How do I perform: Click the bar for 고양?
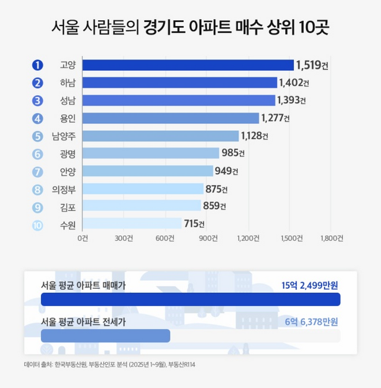click(x=188, y=65)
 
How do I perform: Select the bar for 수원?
click(x=132, y=224)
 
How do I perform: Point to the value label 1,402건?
click(x=295, y=83)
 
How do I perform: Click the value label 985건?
click(x=233, y=154)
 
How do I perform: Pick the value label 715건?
click(x=194, y=224)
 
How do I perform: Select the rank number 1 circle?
click(x=38, y=65)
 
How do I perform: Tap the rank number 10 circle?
click(x=38, y=224)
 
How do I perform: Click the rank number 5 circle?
click(x=38, y=136)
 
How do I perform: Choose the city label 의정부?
click(x=64, y=189)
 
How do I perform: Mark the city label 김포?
click(x=68, y=206)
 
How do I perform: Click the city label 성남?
click(x=68, y=101)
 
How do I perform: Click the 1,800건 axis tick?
click(x=332, y=238)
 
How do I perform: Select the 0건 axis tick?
click(x=83, y=238)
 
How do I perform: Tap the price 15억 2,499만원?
click(x=310, y=284)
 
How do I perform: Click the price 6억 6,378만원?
click(x=310, y=322)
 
